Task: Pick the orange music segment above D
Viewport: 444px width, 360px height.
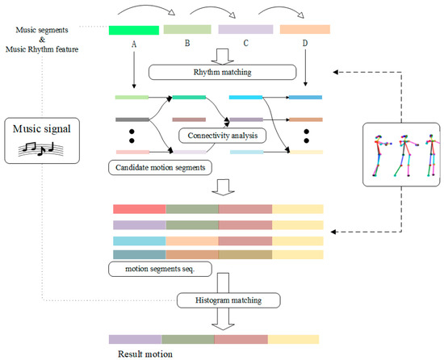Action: click(x=305, y=30)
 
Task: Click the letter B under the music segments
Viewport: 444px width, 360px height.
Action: click(x=188, y=46)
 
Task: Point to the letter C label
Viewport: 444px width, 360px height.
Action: click(x=245, y=46)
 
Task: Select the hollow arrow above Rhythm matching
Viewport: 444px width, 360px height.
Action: click(x=220, y=54)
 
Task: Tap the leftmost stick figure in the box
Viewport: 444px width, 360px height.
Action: click(x=379, y=157)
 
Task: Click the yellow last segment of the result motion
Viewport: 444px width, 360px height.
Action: click(x=294, y=340)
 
